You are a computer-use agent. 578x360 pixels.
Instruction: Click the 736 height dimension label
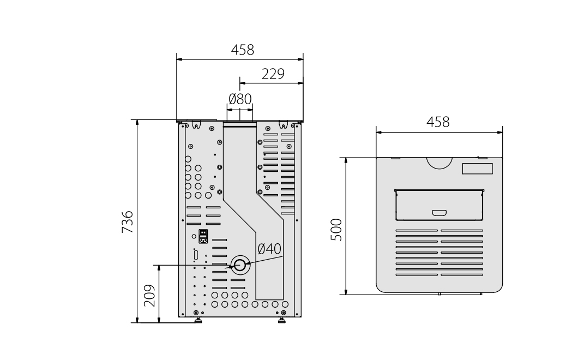point(127,221)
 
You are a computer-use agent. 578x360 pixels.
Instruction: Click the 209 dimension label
point(149,295)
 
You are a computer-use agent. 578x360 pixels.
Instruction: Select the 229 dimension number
point(273,74)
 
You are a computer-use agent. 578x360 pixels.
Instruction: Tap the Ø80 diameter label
point(240,99)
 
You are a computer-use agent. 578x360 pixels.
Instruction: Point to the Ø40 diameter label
point(269,249)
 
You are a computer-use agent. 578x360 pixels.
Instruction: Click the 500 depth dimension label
point(336,230)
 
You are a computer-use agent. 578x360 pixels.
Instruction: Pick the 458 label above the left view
point(243,50)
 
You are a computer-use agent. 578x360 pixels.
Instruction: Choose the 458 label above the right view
point(438,122)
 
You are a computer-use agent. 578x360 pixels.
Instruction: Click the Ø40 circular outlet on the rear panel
point(240,265)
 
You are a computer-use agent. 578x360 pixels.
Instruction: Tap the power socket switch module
point(203,236)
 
